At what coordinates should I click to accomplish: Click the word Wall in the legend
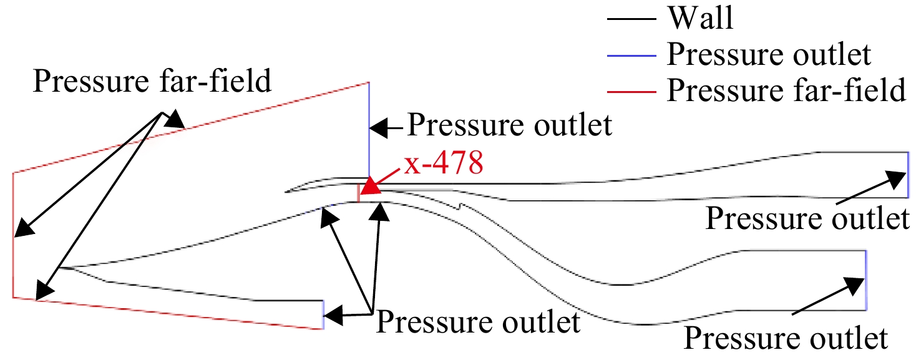(701, 18)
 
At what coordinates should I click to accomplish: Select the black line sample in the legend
(631, 19)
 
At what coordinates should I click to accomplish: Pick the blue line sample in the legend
(631, 55)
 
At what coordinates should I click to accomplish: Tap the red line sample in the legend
(631, 92)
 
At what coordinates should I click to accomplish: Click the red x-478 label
(443, 163)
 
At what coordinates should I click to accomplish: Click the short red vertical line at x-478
(358, 193)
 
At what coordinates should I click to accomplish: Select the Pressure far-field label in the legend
(786, 90)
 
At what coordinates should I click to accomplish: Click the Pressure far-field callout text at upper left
(152, 81)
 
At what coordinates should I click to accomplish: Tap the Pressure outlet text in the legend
(769, 54)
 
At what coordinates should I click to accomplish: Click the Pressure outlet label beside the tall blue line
(510, 125)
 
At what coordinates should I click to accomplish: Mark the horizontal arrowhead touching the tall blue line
(379, 129)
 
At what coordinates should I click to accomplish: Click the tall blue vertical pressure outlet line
(369, 130)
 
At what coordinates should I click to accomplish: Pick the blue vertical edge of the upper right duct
(908, 175)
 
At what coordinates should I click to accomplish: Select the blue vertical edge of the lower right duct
(865, 280)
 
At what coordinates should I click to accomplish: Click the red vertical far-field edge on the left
(13, 235)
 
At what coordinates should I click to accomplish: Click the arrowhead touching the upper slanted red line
(175, 119)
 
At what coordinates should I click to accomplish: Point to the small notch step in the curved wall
(460, 206)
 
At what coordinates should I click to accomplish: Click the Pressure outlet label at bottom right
(786, 338)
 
